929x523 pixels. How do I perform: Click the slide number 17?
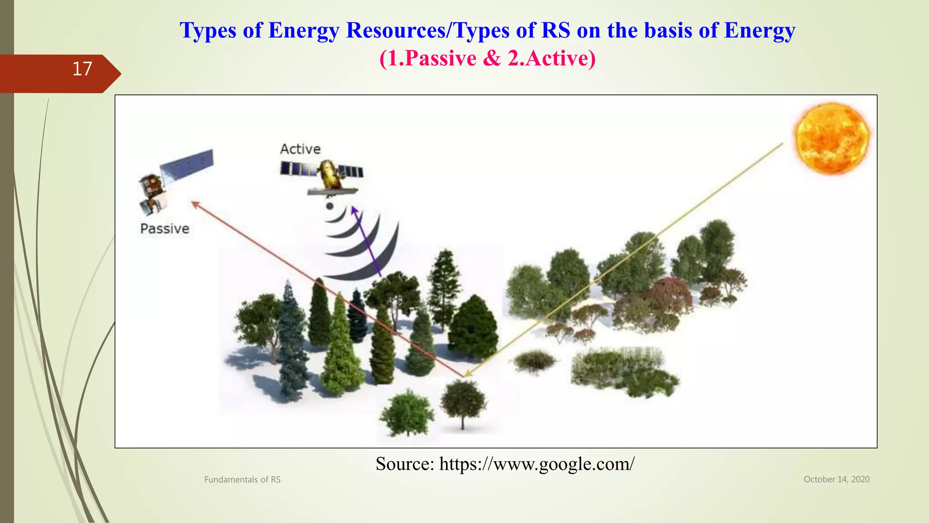click(82, 69)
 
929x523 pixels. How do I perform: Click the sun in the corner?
click(832, 138)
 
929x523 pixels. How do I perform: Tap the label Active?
click(300, 149)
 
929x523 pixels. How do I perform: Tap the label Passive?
click(165, 228)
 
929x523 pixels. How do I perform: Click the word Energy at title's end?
click(759, 30)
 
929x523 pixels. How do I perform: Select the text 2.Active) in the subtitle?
click(551, 58)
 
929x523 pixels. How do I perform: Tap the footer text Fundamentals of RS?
click(242, 479)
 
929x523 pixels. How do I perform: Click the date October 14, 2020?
click(836, 479)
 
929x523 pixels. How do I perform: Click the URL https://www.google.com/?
click(537, 464)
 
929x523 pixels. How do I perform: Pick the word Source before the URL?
click(405, 464)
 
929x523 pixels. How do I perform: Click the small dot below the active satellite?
click(330, 206)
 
